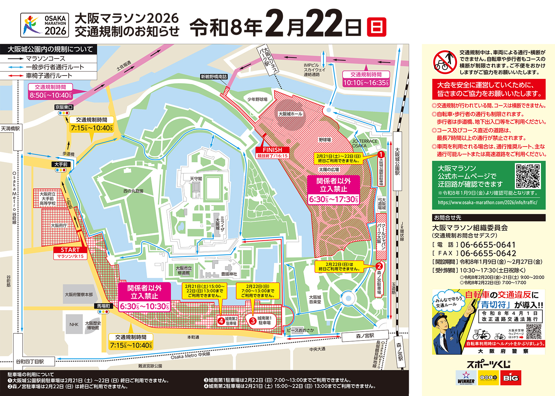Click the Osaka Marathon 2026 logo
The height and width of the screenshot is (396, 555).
[45, 25]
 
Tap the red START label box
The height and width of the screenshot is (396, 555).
[70, 250]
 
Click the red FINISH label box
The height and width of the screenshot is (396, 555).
[272, 150]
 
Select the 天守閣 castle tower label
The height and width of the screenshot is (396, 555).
[196, 178]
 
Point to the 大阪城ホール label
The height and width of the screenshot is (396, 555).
[290, 114]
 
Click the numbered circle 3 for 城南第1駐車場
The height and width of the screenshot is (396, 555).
[252, 321]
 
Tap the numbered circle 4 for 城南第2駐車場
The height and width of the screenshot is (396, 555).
[221, 321]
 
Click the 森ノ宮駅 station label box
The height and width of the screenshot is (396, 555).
[365, 336]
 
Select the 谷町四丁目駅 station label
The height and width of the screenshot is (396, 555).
[30, 361]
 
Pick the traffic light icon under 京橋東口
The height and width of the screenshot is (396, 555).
[63, 113]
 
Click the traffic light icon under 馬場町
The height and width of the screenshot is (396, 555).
[104, 312]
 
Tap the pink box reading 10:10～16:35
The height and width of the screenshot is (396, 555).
[366, 83]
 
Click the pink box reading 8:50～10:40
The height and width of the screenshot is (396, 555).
[50, 95]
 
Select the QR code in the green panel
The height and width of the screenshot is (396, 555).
[528, 176]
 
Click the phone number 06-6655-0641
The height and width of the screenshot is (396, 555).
[488, 245]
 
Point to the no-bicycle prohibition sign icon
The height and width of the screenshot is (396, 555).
[445, 62]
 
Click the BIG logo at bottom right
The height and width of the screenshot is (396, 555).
[510, 378]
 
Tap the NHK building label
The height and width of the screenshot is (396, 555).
[74, 324]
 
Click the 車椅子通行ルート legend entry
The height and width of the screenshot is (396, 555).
[49, 75]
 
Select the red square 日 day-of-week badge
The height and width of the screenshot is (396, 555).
[376, 27]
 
